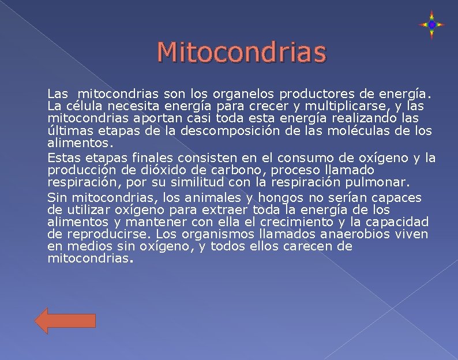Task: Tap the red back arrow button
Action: click(x=65, y=320)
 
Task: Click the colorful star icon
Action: click(x=431, y=25)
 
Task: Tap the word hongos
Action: click(x=283, y=198)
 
